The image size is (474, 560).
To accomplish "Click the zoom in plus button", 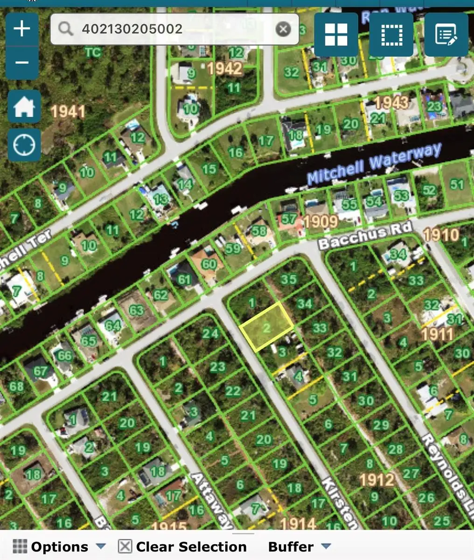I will pos(22,29).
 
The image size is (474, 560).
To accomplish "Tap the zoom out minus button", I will pos(22,63).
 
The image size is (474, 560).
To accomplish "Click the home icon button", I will pos(24,108).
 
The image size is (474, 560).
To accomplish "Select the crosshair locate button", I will pos(24,145).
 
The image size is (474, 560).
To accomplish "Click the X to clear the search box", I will pos(283,29).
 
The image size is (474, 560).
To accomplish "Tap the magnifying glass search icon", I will pos(66,29).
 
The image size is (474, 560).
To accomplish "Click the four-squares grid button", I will pos(336,35).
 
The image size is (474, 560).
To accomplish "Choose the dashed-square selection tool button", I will pos(391,35).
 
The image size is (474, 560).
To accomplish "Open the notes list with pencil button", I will pos(446,35).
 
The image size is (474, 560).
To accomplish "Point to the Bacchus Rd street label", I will pos(366,236).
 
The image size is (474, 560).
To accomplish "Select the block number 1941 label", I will pos(68,112).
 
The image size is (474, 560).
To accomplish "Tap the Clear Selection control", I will pos(182,546).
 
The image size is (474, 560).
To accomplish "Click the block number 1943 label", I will pos(391,102).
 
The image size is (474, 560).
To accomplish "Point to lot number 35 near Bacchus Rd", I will pos(289,279).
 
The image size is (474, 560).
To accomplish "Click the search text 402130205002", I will pos(132,29).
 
